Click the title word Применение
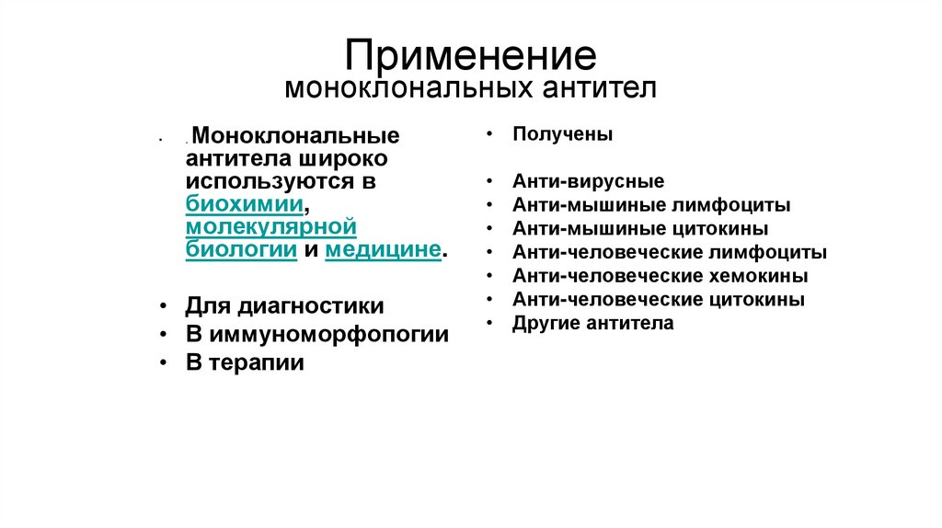click(x=470, y=54)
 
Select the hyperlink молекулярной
click(x=270, y=226)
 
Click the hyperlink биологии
click(x=240, y=249)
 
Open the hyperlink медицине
click(x=383, y=249)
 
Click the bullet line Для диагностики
click(x=284, y=305)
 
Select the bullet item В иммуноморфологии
click(x=316, y=334)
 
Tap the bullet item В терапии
click(x=245, y=362)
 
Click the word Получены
click(x=563, y=134)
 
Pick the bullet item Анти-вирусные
click(x=589, y=181)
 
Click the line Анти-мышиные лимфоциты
click(x=651, y=205)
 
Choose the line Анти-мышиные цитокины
click(x=640, y=228)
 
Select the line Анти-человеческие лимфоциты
click(x=670, y=252)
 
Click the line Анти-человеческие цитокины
click(x=659, y=299)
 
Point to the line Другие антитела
click(x=593, y=323)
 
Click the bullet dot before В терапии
click(x=162, y=363)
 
